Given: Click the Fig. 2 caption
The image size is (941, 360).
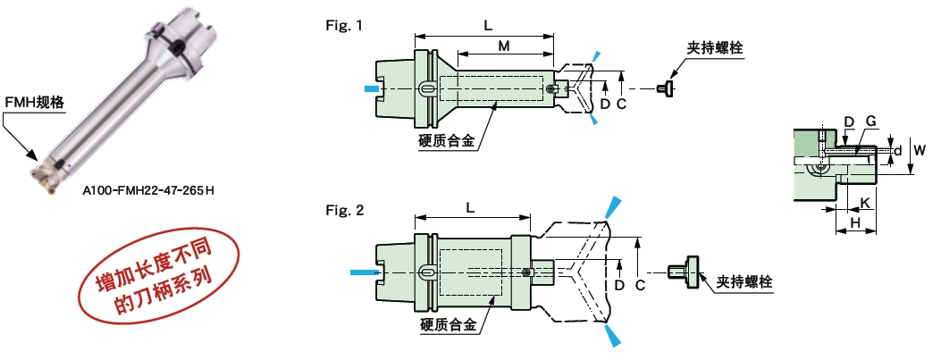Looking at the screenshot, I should pyautogui.click(x=344, y=212).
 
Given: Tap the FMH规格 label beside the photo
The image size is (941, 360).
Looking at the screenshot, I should pyautogui.click(x=35, y=103).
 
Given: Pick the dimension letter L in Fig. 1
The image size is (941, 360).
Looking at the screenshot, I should pyautogui.click(x=488, y=26).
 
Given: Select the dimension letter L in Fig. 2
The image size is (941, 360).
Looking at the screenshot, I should pyautogui.click(x=470, y=207).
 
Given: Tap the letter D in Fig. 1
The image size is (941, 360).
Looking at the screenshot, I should pyautogui.click(x=605, y=104).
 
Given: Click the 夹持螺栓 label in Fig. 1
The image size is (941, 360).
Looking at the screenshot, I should pyautogui.click(x=715, y=46).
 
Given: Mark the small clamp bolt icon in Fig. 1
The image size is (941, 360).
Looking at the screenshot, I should pyautogui.click(x=665, y=88).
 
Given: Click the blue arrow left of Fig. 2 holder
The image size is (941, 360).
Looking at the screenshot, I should pyautogui.click(x=365, y=271).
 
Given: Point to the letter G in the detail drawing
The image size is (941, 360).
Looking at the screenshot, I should pyautogui.click(x=870, y=121).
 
